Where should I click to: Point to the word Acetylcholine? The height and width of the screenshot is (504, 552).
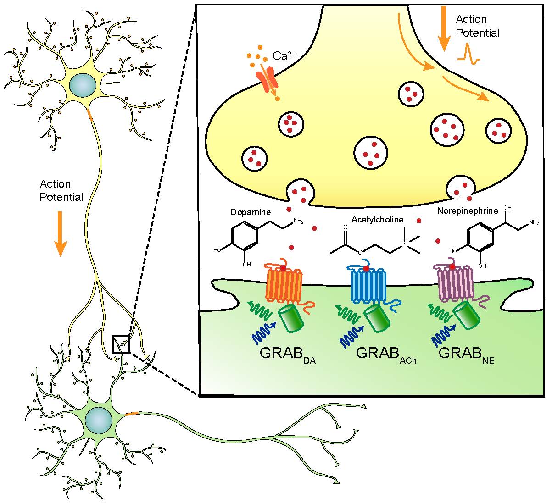pos(377,220)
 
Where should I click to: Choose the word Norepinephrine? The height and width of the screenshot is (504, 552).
pos(468,211)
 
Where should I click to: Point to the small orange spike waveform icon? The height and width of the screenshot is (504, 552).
pos(469,53)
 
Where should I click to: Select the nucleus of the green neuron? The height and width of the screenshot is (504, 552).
pos(98,420)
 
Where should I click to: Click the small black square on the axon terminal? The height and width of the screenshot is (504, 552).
pos(122,344)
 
